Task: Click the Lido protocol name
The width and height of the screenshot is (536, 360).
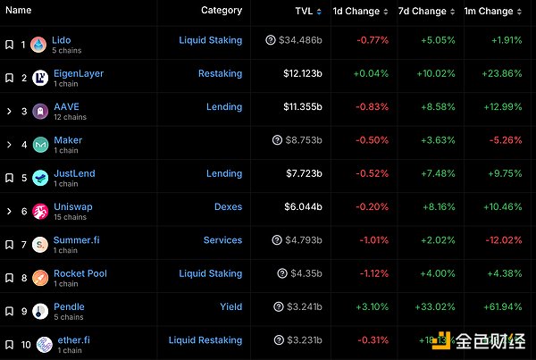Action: tap(62, 40)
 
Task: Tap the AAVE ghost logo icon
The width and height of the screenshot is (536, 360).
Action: tap(38, 112)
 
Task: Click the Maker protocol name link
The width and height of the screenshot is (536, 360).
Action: tap(68, 140)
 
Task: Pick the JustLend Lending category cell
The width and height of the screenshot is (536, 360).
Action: tap(224, 173)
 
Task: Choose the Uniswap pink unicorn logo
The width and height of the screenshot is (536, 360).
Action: tap(38, 212)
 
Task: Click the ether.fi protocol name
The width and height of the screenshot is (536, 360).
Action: tap(71, 339)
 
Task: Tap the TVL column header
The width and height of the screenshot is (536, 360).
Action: tap(304, 11)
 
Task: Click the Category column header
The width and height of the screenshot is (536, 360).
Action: tap(222, 11)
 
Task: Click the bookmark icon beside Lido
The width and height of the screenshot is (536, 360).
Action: tap(9, 44)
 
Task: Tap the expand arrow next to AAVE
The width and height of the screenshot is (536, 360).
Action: tap(9, 111)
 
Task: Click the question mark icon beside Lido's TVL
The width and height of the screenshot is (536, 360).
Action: tap(271, 40)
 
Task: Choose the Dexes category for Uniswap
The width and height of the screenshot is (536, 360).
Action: tap(228, 206)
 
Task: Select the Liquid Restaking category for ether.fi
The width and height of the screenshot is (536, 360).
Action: tap(205, 339)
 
